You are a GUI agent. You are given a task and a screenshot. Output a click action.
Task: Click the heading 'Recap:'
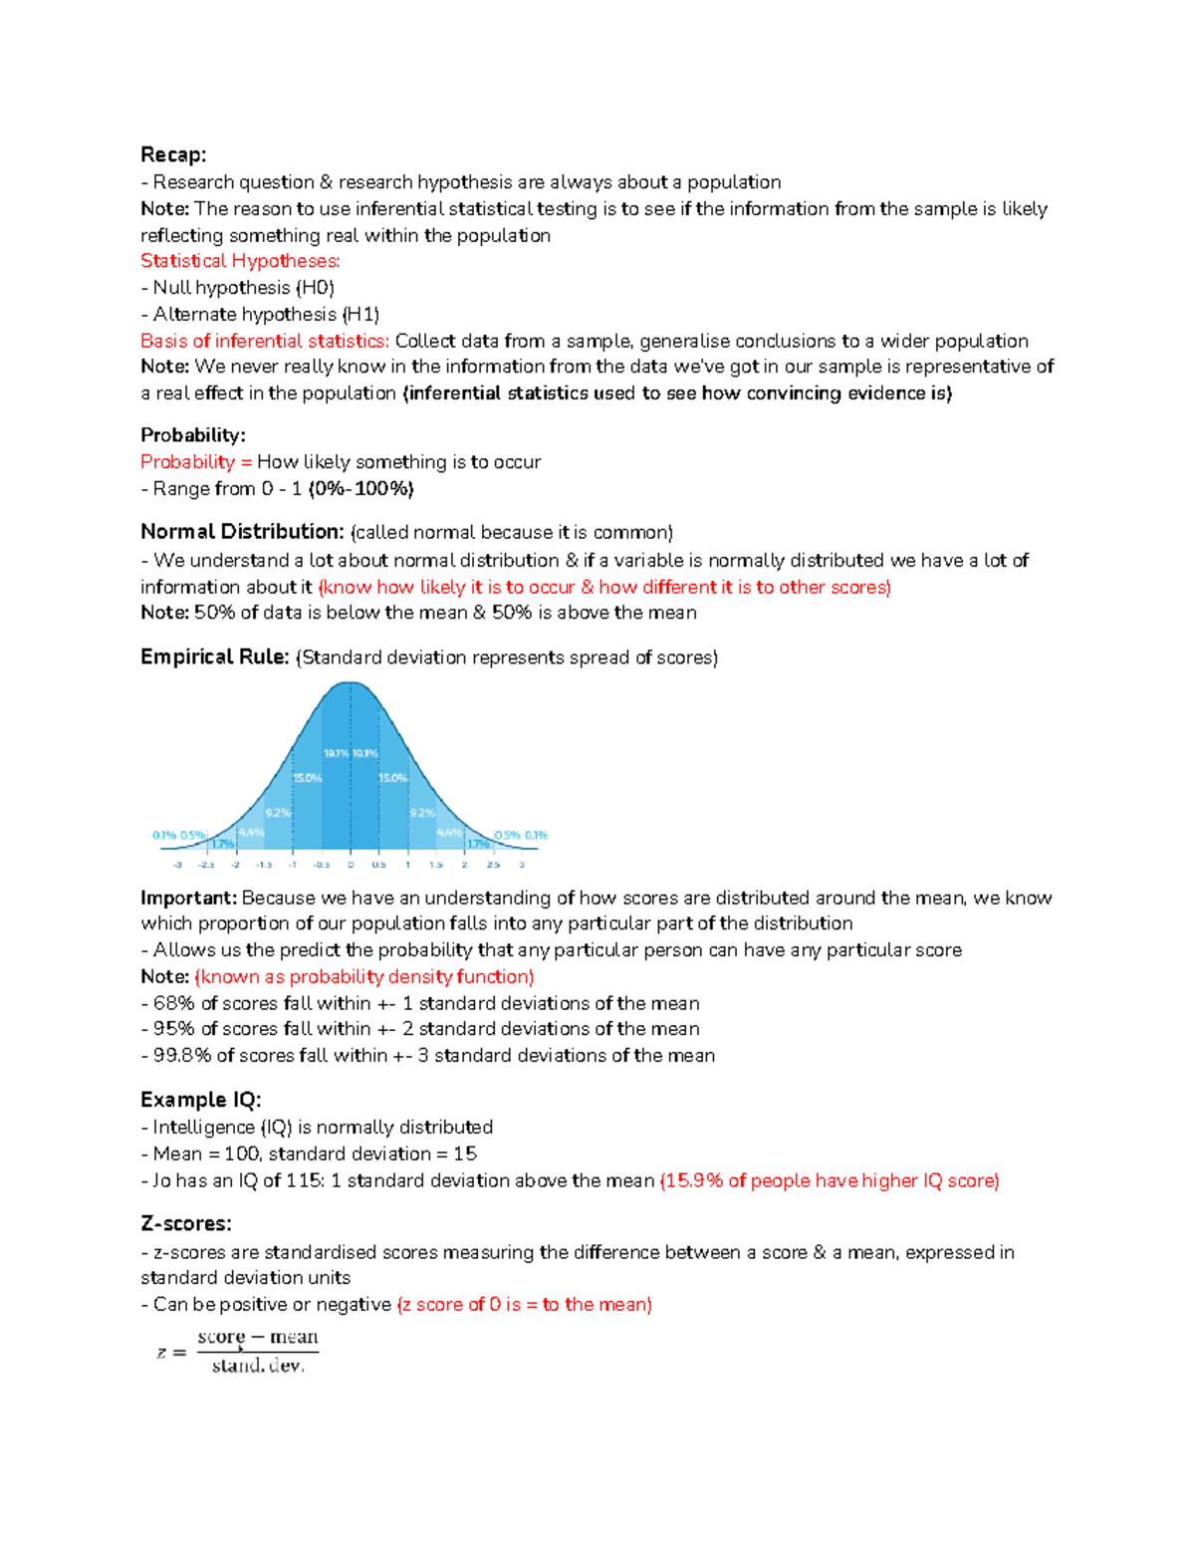click(173, 154)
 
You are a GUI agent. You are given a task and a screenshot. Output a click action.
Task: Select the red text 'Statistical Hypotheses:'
click(240, 261)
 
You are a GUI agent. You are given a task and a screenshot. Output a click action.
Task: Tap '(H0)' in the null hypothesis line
click(315, 288)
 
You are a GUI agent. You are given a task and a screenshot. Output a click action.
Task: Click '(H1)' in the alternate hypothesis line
click(360, 315)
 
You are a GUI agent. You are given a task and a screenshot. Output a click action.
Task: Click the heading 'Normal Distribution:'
click(242, 532)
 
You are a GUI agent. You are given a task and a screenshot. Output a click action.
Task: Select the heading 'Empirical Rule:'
click(215, 657)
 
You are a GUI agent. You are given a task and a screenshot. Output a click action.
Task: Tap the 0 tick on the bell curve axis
click(351, 865)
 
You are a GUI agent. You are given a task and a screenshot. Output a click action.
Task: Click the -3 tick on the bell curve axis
click(177, 865)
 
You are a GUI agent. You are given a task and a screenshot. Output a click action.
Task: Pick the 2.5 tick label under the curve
click(493, 865)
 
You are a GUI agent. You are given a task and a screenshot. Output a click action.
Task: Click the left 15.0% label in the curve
click(307, 778)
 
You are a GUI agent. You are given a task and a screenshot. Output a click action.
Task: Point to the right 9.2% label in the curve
click(422, 813)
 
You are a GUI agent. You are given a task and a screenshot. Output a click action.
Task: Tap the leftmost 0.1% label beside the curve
click(163, 835)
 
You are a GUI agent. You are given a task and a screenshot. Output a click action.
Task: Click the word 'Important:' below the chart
click(188, 899)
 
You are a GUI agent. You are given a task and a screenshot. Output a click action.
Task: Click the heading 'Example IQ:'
click(200, 1100)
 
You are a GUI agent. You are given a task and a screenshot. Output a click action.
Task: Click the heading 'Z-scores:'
click(186, 1223)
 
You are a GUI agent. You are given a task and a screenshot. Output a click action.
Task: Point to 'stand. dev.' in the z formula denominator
click(258, 1366)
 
